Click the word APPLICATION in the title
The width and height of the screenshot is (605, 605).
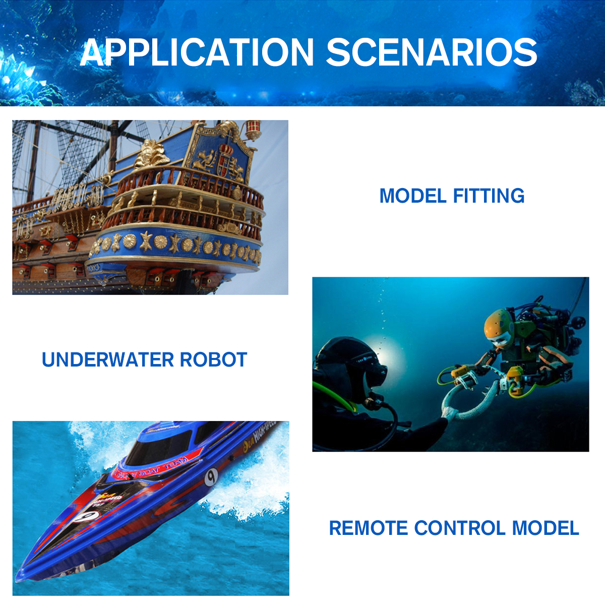click(197, 52)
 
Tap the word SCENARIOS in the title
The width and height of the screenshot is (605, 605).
click(432, 52)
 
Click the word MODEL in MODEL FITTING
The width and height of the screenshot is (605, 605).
click(413, 196)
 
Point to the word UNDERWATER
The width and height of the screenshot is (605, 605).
click(107, 360)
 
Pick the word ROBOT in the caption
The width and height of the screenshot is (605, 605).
click(213, 360)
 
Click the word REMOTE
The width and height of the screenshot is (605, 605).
click(368, 528)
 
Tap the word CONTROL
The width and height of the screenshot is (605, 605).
click(460, 528)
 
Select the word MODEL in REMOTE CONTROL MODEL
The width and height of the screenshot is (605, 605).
click(546, 528)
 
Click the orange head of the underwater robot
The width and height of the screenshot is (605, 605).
click(497, 328)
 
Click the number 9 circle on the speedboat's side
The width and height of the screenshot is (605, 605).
click(211, 476)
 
